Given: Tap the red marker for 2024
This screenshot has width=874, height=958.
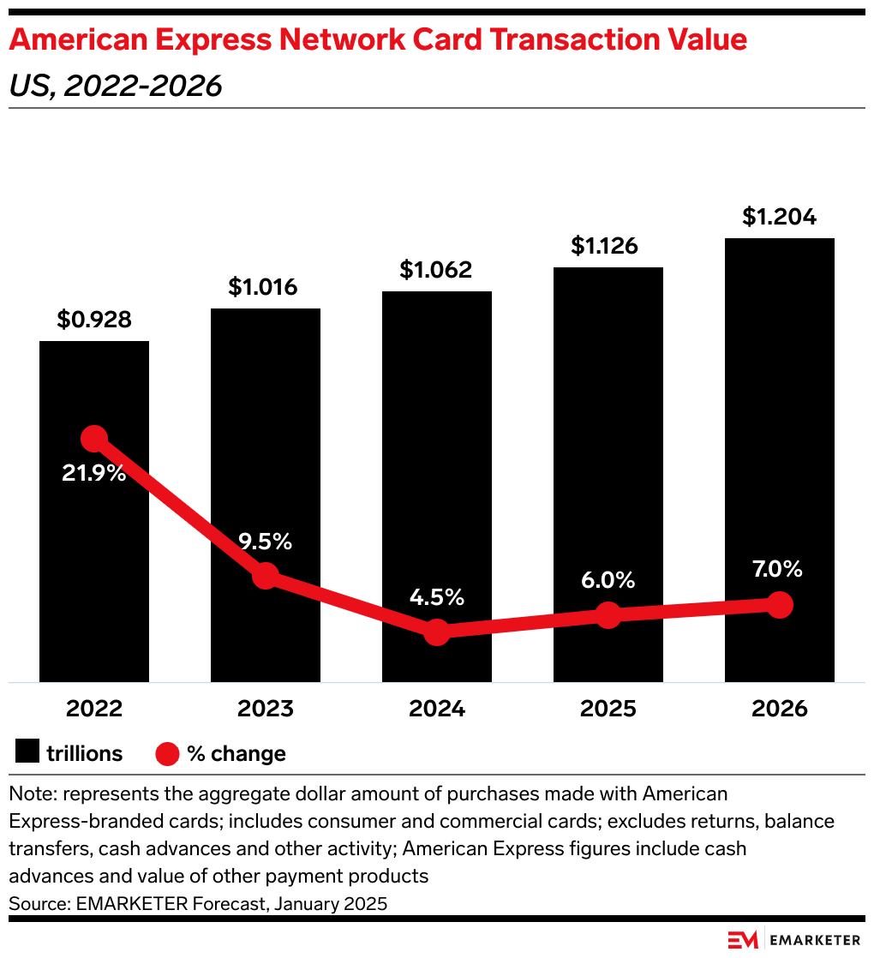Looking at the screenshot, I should tap(437, 632).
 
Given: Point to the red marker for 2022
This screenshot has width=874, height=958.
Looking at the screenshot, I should tap(94, 439).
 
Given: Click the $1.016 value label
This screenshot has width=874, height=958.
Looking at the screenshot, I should tap(263, 286).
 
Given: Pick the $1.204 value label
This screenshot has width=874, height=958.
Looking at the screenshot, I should tap(779, 217).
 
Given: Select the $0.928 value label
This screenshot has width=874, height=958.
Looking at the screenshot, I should tap(94, 320).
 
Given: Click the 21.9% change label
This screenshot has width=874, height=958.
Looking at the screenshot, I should tap(94, 472).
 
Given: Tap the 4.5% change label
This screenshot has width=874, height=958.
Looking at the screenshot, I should tap(437, 596).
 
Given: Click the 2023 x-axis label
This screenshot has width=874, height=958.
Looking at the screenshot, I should tap(265, 709).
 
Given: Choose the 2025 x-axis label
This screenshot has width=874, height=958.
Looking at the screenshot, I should tap(608, 709).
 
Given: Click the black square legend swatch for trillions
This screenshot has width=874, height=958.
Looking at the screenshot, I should tap(27, 753).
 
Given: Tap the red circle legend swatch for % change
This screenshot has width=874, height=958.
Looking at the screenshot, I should tap(168, 754).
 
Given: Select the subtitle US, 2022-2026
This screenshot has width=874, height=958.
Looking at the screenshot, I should tap(116, 86).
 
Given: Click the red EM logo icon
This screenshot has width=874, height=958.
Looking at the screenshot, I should tap(743, 940).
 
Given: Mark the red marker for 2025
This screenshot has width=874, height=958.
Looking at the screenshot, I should tap(608, 614).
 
